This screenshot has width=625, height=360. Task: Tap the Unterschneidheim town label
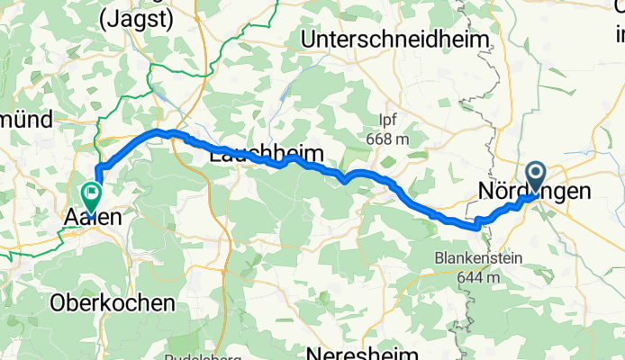click(x=395, y=40)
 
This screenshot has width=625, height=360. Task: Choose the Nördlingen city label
click(x=535, y=192)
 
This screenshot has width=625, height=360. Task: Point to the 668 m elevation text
click(x=389, y=139)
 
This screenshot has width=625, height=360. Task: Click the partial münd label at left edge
click(x=29, y=117)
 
